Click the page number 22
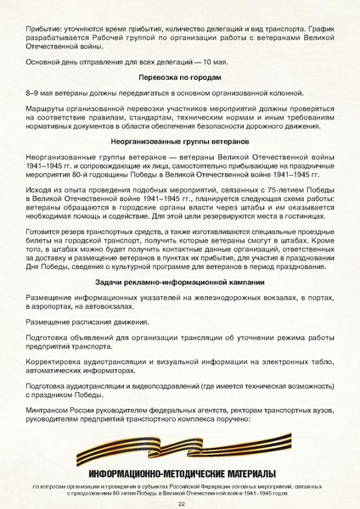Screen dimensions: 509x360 181,503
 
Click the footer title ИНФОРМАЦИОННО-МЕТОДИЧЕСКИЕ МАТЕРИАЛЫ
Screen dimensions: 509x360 180,473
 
